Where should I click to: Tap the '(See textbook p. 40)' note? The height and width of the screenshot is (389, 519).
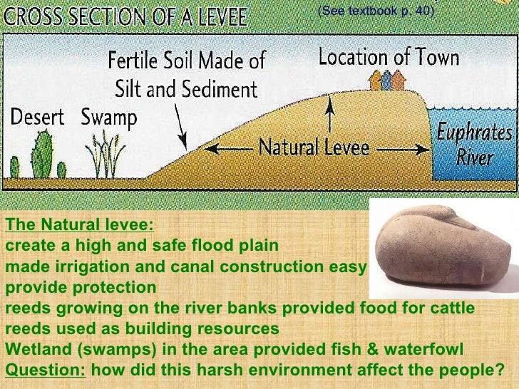375,12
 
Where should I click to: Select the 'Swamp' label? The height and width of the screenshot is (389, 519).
108,115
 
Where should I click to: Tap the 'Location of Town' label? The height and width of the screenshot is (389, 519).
389,57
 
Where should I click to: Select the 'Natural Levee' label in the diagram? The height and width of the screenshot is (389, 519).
314,148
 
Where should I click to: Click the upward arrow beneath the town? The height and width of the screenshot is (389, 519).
329,114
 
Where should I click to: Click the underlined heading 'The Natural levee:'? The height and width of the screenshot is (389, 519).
79,224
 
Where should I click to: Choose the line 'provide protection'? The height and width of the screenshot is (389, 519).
80,288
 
